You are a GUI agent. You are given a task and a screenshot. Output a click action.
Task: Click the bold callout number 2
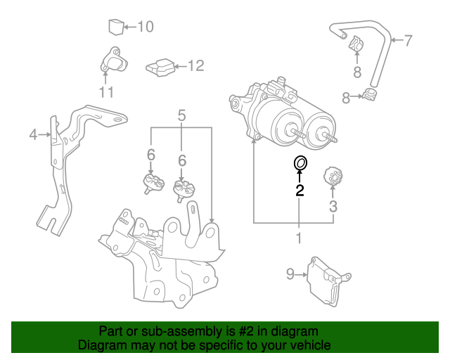pos(300,190)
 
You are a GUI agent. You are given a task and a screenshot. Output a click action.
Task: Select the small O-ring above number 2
pos(300,164)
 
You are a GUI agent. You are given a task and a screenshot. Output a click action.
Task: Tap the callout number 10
pos(145,27)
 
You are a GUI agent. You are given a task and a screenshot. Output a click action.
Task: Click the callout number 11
pos(106,92)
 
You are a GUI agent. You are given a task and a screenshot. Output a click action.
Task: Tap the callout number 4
pos(32,134)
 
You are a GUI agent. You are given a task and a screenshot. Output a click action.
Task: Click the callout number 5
pos(181,115)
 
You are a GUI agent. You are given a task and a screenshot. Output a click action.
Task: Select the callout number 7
pos(408,40)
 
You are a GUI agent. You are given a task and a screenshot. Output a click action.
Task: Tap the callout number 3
pos(333,206)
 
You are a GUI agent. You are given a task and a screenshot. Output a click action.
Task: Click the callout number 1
pos(299,238)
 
